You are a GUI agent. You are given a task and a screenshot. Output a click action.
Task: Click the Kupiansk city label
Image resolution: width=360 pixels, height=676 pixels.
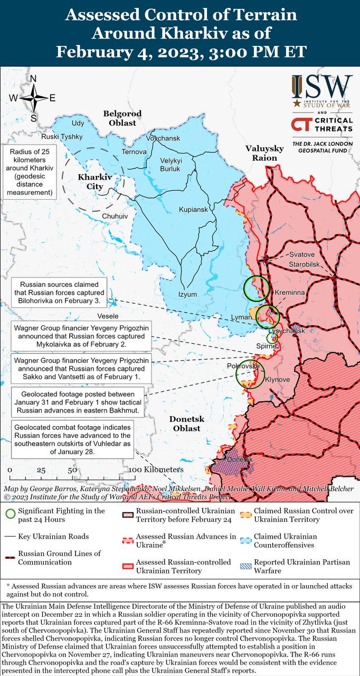[x=193, y=210]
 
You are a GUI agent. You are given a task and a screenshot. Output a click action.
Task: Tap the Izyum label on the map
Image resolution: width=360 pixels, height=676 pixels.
[x=187, y=294]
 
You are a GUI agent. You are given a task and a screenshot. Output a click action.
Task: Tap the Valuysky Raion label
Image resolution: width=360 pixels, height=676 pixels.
[x=264, y=153]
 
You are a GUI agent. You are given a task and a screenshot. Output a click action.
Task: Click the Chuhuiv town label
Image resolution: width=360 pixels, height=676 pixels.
[x=115, y=216]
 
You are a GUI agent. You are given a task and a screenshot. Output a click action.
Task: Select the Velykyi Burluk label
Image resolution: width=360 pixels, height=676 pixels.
[x=170, y=165]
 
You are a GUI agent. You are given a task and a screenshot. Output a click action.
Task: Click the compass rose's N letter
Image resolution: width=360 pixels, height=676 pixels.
[x=33, y=79]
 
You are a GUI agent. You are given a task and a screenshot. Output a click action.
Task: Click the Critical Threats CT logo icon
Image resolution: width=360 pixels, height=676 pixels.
[x=300, y=125]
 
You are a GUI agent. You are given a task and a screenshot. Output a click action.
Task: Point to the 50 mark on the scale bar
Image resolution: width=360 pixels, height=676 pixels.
[x=72, y=470]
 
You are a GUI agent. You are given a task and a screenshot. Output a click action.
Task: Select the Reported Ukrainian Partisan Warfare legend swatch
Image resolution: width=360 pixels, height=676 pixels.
[x=245, y=566]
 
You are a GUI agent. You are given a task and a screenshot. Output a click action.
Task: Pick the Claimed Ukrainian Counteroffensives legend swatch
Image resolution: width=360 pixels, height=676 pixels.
[x=245, y=541]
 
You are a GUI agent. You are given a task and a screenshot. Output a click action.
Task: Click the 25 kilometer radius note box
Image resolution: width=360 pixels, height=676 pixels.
[x=30, y=173]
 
